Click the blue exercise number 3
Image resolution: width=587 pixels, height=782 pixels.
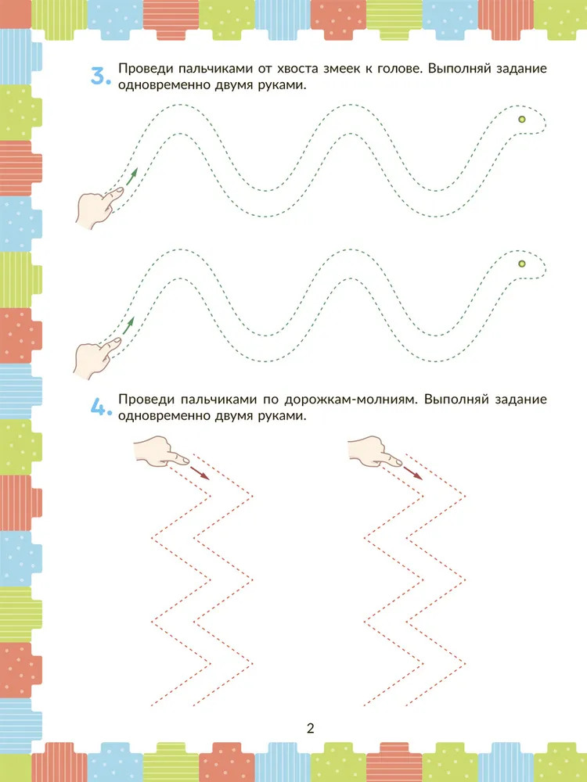[100, 77]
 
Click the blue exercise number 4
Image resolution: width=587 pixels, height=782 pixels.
[100, 407]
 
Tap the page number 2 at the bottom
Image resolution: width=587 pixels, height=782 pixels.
[311, 729]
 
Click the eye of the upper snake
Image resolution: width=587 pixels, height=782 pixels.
[521, 119]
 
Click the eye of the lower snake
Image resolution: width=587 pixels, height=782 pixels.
[521, 264]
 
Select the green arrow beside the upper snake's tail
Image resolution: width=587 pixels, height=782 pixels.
[131, 177]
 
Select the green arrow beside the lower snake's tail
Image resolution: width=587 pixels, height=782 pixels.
[128, 325]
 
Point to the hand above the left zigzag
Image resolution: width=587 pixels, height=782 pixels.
[160, 452]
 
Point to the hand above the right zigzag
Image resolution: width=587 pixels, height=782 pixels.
[374, 452]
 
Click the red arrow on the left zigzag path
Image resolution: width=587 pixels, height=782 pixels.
[200, 473]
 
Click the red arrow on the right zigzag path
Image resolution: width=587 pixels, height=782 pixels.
[412, 473]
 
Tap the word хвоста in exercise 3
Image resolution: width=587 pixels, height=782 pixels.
[293, 69]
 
